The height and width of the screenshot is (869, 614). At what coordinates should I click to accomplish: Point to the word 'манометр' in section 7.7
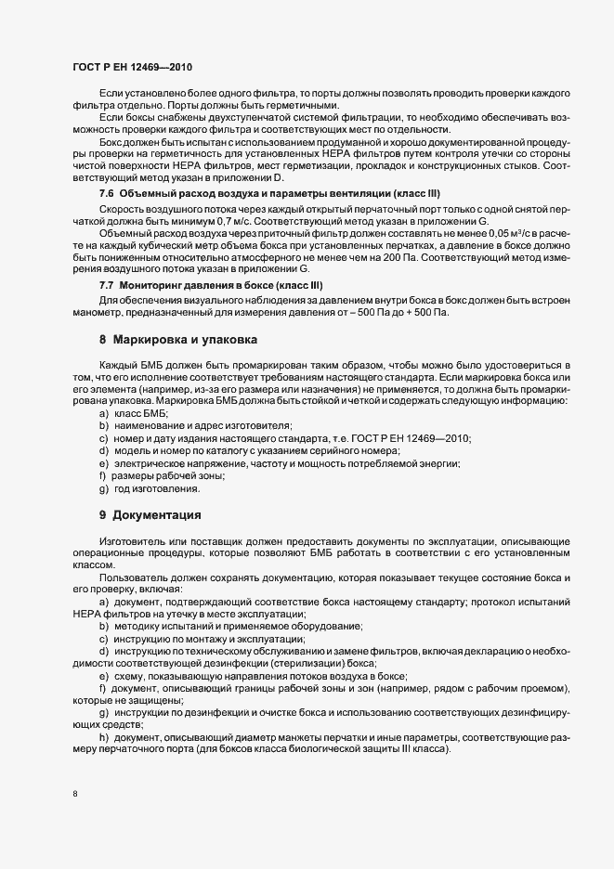click(x=95, y=313)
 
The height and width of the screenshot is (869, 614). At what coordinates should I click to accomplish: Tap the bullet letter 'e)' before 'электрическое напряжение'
click(x=103, y=462)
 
